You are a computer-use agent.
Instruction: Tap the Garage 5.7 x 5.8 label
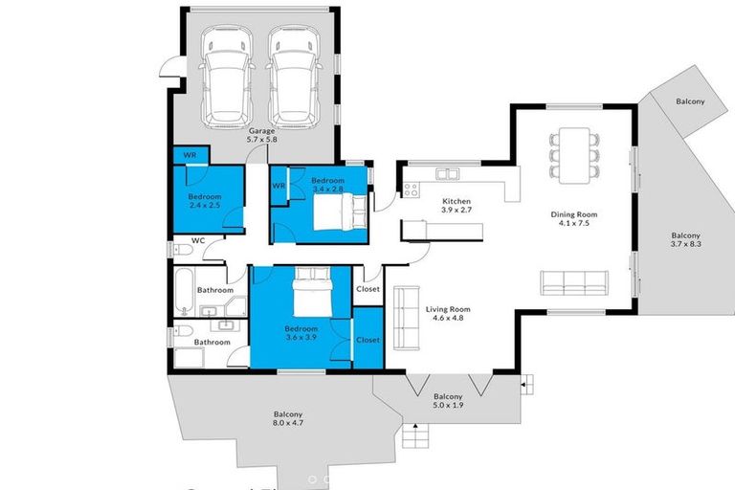pyautogui.click(x=262, y=135)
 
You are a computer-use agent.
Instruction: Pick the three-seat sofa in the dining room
pyautogui.click(x=574, y=282)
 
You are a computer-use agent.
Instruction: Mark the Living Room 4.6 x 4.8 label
pyautogui.click(x=449, y=315)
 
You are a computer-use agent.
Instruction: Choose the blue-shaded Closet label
pyautogui.click(x=367, y=340)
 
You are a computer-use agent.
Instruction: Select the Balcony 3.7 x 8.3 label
pyautogui.click(x=684, y=241)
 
